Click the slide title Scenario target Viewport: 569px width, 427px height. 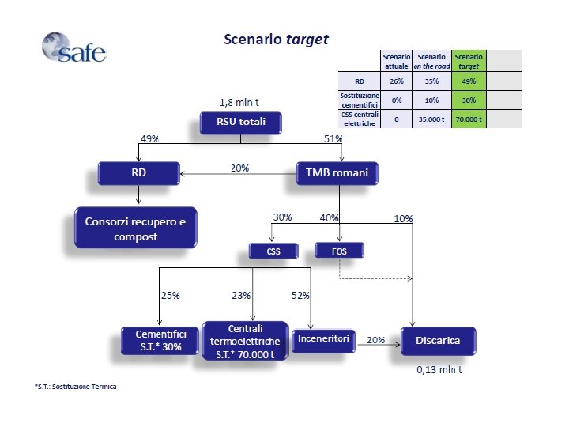275,39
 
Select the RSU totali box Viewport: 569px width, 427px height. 240,123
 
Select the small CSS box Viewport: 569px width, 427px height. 273,251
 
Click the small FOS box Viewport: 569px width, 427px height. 341,251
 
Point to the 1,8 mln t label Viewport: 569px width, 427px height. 241,102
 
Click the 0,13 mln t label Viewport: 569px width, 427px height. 440,368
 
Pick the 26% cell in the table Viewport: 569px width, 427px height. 397,81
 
